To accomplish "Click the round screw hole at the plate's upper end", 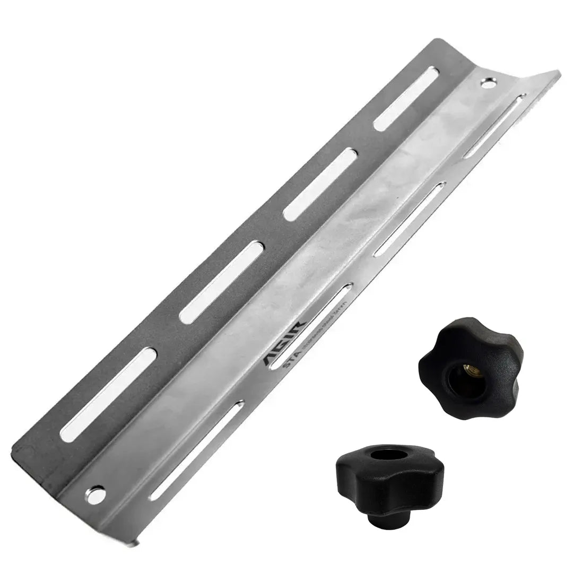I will (487, 82).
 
